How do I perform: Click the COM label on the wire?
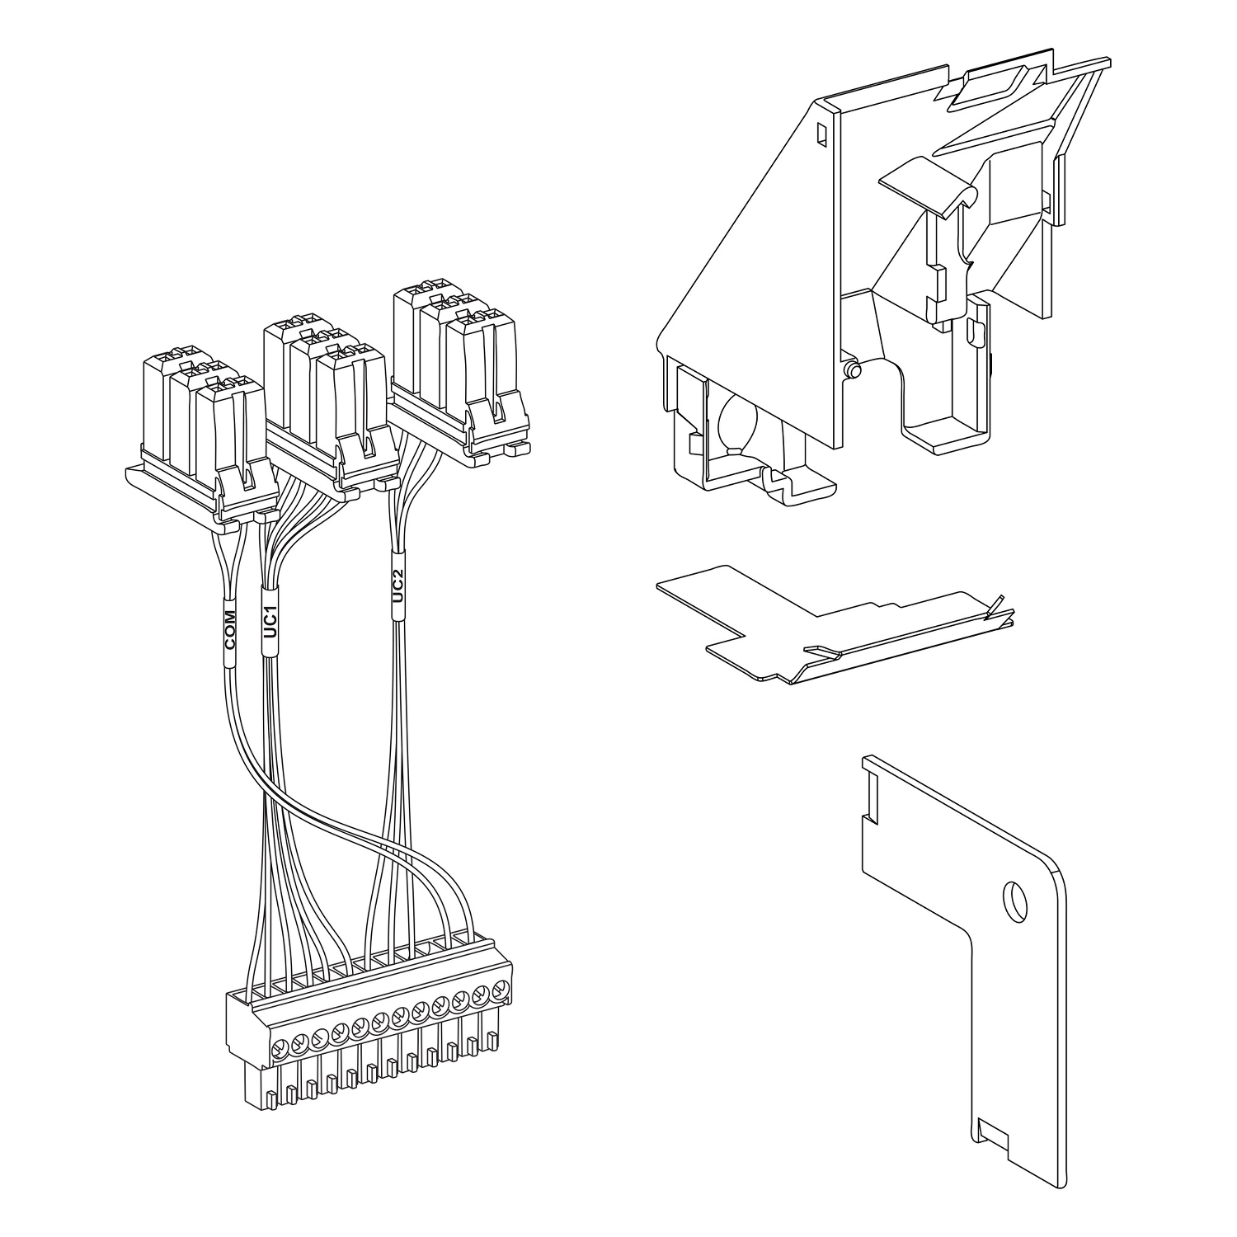230,639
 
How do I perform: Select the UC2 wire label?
397,586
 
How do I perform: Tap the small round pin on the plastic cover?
854,372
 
